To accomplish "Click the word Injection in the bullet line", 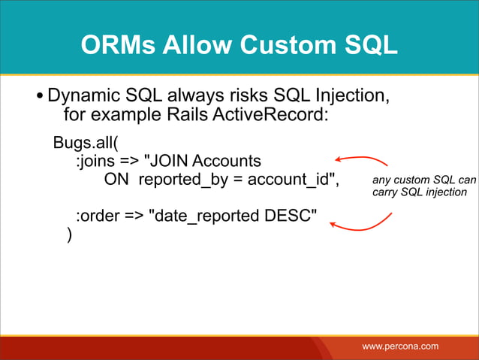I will click(351, 96).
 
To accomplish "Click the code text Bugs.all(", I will click(84, 142).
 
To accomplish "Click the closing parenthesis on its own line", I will click(69, 235).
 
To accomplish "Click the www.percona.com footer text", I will click(400, 346).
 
